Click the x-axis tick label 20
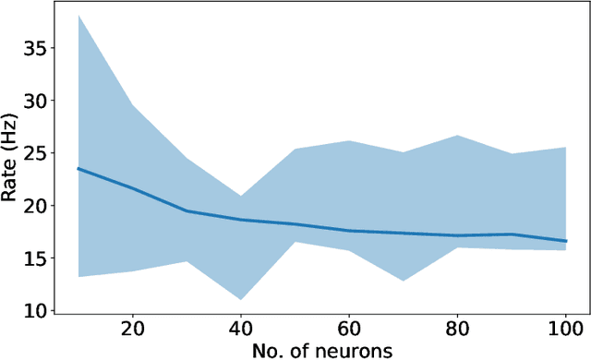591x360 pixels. (x=133, y=329)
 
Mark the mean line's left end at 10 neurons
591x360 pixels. (x=78, y=169)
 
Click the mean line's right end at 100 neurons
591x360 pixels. (x=565, y=241)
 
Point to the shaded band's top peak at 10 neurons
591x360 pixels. (x=78, y=16)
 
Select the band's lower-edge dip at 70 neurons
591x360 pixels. (x=404, y=281)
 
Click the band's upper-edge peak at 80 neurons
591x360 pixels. (x=457, y=136)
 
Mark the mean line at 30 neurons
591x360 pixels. (x=187, y=211)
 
